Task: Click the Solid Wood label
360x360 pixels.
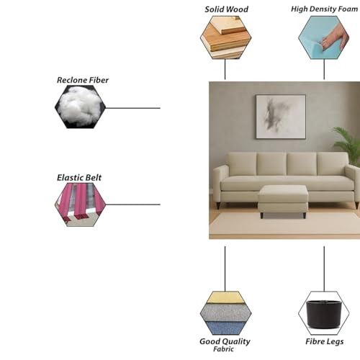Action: pyautogui.click(x=226, y=9)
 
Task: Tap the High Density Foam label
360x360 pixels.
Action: pyautogui.click(x=324, y=9)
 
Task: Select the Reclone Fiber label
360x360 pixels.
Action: pyautogui.click(x=83, y=80)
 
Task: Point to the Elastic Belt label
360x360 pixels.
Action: pyautogui.click(x=79, y=178)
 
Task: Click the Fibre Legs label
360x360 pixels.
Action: pyautogui.click(x=324, y=341)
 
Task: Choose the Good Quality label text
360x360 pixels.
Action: pyautogui.click(x=225, y=341)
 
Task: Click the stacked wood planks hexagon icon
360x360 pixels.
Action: pyautogui.click(x=225, y=37)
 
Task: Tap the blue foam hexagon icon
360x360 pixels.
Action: pyautogui.click(x=324, y=37)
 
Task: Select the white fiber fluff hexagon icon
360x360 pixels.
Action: pyautogui.click(x=80, y=107)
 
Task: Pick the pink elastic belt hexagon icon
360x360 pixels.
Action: pyautogui.click(x=80, y=204)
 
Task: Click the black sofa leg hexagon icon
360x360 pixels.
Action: pyautogui.click(x=324, y=313)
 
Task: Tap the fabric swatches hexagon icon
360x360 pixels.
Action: pyautogui.click(x=225, y=313)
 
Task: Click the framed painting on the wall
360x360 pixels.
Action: pyautogui.click(x=281, y=117)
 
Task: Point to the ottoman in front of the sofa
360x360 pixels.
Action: pyautogui.click(x=283, y=201)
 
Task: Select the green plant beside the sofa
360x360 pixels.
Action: pyautogui.click(x=348, y=143)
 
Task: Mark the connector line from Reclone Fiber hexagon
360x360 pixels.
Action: pyautogui.click(x=133, y=108)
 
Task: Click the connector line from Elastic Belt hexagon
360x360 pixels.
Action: pyautogui.click(x=133, y=204)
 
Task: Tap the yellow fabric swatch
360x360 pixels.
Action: pyautogui.click(x=225, y=297)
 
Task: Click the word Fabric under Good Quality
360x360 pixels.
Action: pyautogui.click(x=223, y=349)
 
